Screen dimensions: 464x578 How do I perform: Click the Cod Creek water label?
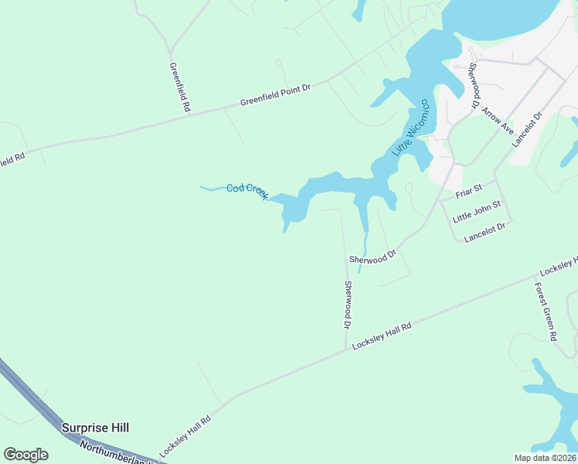point(246,189)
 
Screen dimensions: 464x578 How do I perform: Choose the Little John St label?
point(478,211)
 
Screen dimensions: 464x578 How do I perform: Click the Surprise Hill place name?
point(96,428)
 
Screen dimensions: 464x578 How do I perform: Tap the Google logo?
point(25,455)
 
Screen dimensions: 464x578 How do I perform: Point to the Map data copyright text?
point(545,458)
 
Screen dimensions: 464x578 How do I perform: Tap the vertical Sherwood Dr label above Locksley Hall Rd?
point(348,305)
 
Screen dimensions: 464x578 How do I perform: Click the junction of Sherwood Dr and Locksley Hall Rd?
point(345,350)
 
